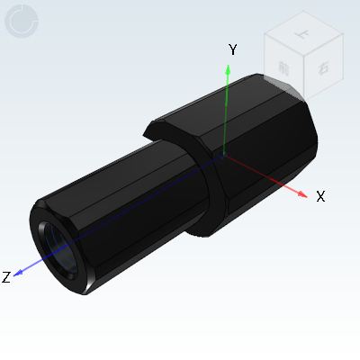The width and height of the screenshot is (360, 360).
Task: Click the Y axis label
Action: pyautogui.click(x=232, y=49)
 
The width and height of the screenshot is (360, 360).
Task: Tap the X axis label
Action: pyautogui.click(x=319, y=196)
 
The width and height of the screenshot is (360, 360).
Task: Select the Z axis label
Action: pyautogui.click(x=6, y=277)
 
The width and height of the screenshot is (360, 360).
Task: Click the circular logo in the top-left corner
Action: pyautogui.click(x=22, y=22)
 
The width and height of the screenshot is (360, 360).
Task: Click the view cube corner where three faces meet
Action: pyautogui.click(x=304, y=56)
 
